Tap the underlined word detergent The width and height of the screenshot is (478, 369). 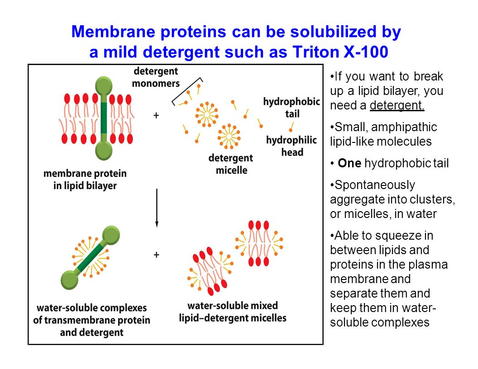click(397, 105)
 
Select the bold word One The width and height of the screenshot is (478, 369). click(349, 163)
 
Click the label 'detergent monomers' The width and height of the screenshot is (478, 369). click(156, 77)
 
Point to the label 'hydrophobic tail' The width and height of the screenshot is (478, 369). click(292, 108)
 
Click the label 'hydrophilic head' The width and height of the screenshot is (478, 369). click(292, 146)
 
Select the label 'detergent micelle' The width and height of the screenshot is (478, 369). click(231, 164)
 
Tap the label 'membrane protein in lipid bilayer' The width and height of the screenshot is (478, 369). click(85, 180)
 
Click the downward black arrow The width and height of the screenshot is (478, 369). click(157, 208)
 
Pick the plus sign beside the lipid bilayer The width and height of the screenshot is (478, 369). click(156, 115)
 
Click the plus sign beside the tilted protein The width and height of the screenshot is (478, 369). click(156, 255)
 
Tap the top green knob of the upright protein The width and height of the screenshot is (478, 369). click(104, 86)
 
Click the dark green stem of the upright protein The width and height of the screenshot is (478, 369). click(104, 118)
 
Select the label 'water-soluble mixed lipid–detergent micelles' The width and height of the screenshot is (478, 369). click(233, 312)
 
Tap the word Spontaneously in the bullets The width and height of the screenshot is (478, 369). click(375, 185)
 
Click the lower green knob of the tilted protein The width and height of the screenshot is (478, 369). click(70, 280)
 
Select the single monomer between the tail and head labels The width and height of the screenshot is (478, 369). click(292, 127)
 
